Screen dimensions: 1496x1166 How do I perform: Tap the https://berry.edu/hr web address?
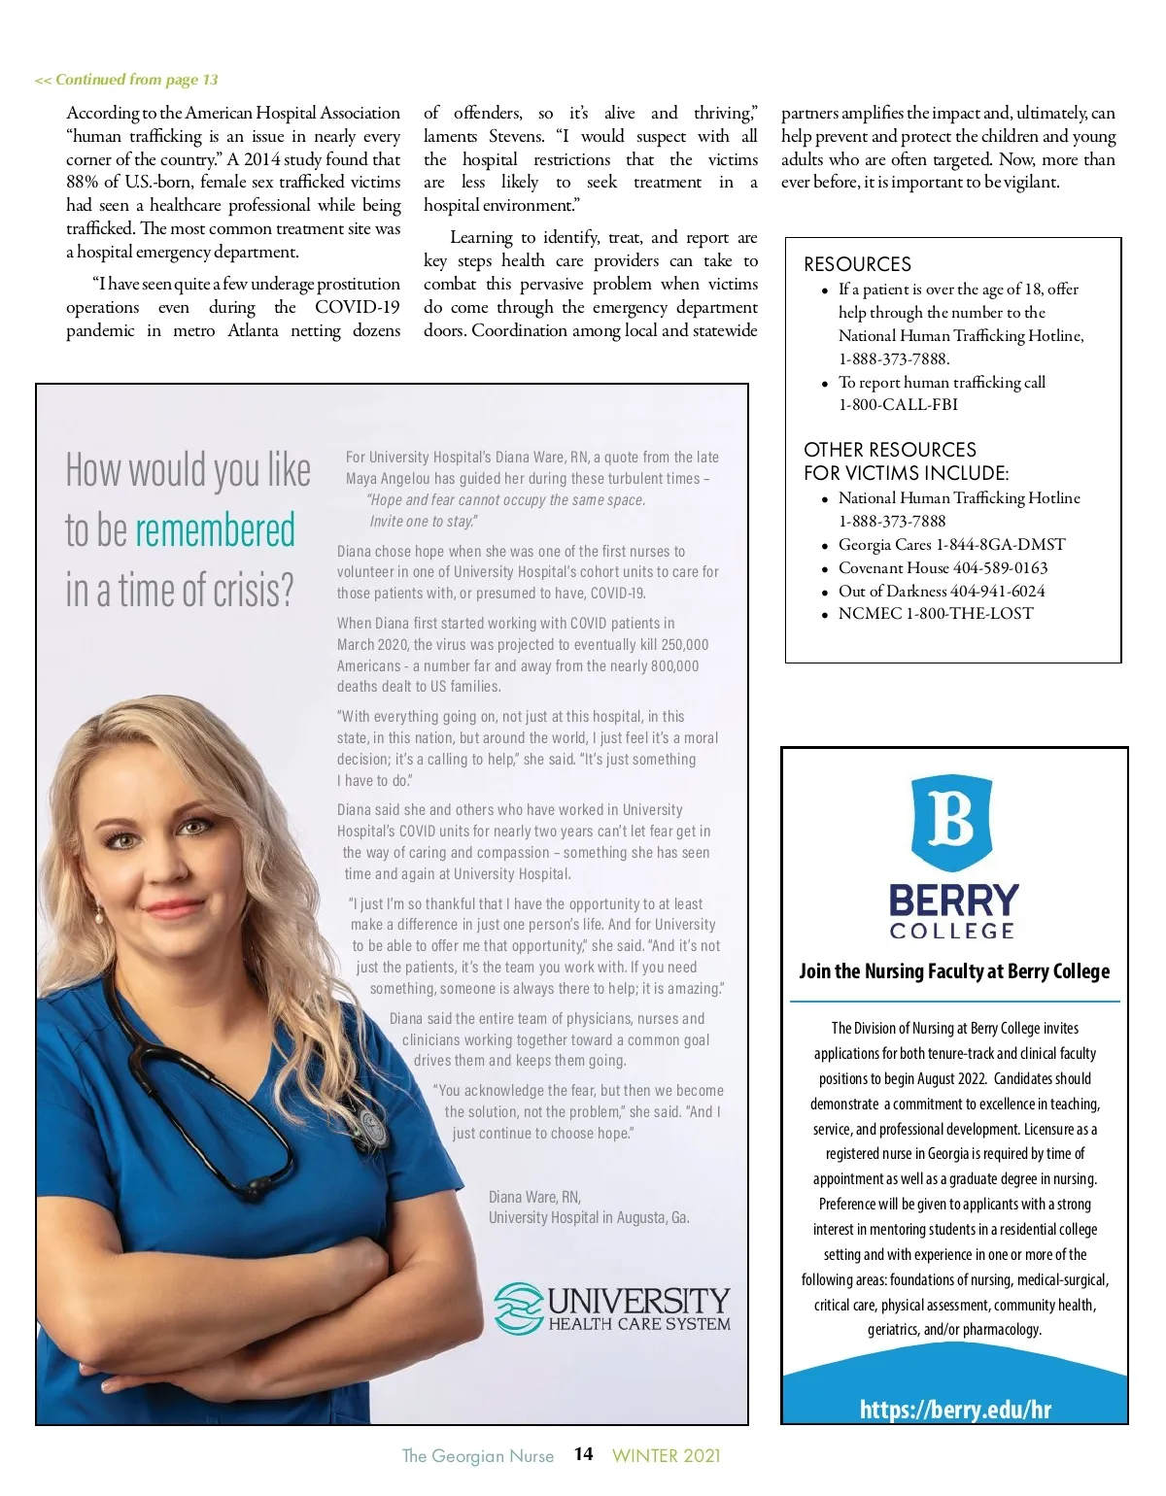(x=955, y=1410)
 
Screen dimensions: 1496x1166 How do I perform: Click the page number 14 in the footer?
(x=583, y=1454)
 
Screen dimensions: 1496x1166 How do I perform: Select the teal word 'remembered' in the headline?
(x=215, y=530)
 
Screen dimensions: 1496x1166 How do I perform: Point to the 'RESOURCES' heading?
(x=857, y=264)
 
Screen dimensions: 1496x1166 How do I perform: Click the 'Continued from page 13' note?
(x=126, y=80)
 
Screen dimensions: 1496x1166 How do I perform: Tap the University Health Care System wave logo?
(x=518, y=1308)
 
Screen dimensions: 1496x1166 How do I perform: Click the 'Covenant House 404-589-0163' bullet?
(x=943, y=567)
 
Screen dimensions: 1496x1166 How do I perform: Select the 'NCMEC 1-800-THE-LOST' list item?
(x=935, y=613)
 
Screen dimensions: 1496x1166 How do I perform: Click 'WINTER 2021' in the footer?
(x=667, y=1455)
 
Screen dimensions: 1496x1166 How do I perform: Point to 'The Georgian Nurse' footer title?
(x=477, y=1455)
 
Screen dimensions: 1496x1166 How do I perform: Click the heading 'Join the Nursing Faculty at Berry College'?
(x=954, y=971)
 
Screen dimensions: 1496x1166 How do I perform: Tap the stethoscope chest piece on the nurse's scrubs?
(x=371, y=1127)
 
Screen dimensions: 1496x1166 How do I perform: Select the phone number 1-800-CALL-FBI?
(x=898, y=404)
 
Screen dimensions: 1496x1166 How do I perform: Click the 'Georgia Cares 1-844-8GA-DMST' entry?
(x=951, y=544)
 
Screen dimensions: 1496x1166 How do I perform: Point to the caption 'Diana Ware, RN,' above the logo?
(x=534, y=1197)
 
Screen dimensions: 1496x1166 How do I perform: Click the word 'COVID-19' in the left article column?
(x=357, y=307)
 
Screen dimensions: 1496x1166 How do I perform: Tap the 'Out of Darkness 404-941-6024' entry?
(x=942, y=591)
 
